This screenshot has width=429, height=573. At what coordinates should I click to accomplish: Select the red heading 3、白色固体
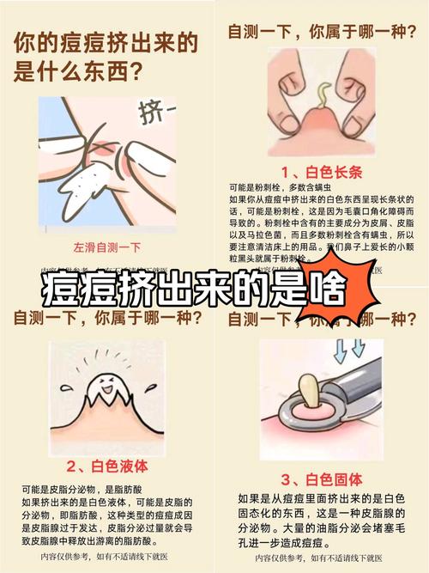[x=323, y=479]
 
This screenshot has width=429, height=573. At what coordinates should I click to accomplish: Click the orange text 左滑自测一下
[x=106, y=247]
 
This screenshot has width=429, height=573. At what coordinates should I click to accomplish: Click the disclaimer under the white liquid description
[x=106, y=556]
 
